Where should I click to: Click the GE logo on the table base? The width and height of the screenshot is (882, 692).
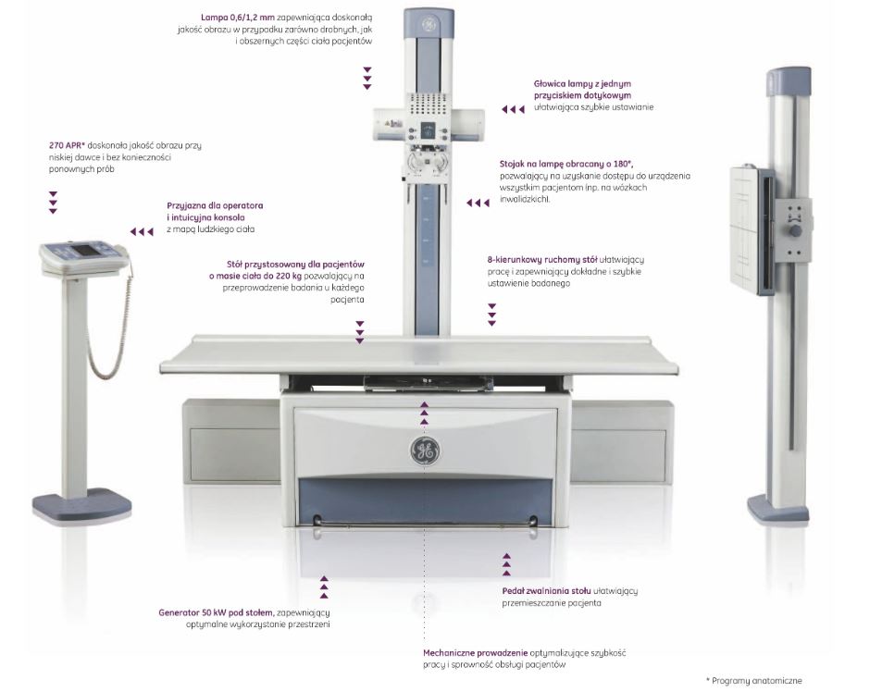[x=425, y=451]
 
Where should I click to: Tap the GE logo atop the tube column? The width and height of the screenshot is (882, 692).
[x=428, y=25]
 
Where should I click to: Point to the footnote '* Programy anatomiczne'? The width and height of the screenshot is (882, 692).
[x=754, y=680]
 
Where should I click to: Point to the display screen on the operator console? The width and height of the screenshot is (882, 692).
[x=80, y=250]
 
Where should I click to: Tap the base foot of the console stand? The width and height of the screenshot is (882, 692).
[x=81, y=506]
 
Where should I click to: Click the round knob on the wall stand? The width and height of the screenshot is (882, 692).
[x=795, y=229]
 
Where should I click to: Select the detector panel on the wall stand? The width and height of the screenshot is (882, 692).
[x=748, y=228]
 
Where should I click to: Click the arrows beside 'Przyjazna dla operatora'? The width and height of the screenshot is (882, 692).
[x=142, y=231]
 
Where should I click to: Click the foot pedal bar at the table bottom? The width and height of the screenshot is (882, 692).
[x=425, y=526]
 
